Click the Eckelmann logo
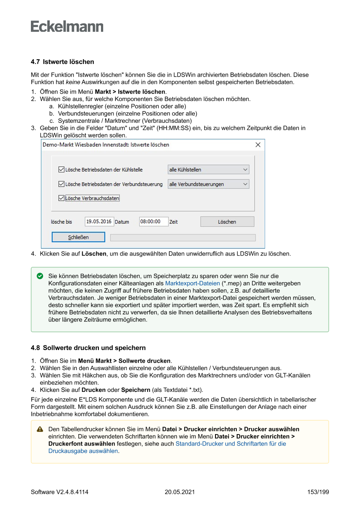coord(67,26)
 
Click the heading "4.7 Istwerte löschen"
coord(62,62)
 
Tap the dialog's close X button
coord(258,145)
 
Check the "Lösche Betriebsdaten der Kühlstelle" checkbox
coord(61,170)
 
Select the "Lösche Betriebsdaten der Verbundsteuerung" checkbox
coord(61,184)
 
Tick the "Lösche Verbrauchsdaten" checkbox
coord(61,198)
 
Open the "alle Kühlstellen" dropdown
coord(209,170)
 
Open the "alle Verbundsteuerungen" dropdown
coord(209,184)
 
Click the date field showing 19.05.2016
coord(99,222)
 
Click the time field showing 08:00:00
coord(153,222)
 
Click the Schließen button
coord(78,237)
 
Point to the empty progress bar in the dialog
coord(183,238)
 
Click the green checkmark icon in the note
coord(40,276)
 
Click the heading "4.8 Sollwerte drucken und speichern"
coord(88,348)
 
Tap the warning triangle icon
coord(40,429)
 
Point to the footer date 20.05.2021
coord(180,492)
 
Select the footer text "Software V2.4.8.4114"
coord(60,492)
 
